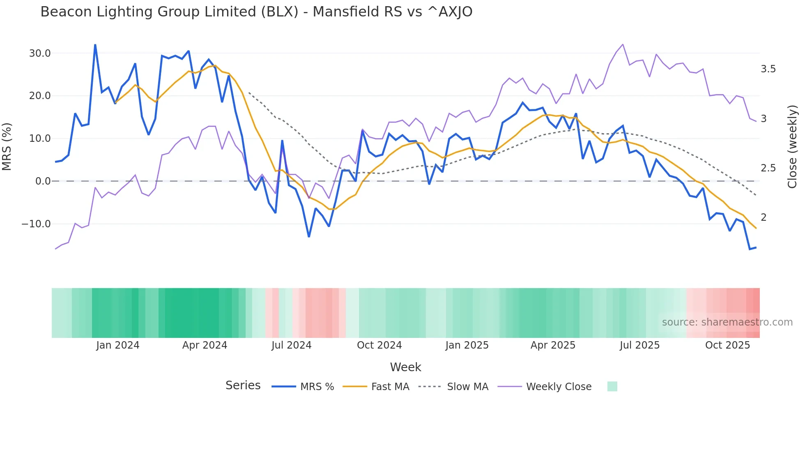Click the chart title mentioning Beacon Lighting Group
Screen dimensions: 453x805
click(256, 12)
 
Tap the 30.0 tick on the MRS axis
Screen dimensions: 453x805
click(40, 53)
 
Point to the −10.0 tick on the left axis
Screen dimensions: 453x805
click(36, 224)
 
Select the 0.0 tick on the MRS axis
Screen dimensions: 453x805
click(43, 181)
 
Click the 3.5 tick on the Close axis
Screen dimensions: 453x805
click(768, 69)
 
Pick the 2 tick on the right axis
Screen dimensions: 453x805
click(764, 217)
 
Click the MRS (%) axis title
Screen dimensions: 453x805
click(7, 146)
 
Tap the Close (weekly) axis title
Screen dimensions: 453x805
click(792, 146)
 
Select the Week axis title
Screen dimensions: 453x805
click(405, 367)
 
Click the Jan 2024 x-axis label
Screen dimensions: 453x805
click(118, 345)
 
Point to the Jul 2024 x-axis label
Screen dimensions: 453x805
click(291, 345)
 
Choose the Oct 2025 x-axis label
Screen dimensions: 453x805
click(727, 345)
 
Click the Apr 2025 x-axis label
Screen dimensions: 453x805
click(553, 345)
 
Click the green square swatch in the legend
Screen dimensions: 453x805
click(612, 386)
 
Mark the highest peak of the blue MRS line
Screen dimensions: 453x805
click(95, 45)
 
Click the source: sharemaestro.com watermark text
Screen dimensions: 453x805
click(727, 322)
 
